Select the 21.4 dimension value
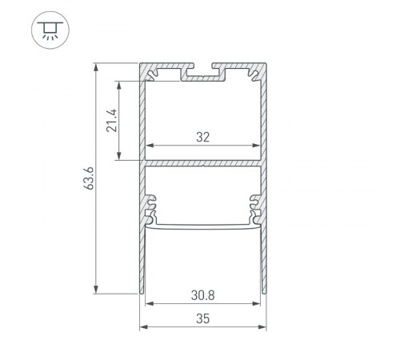coord(113,120)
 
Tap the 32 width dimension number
coord(202,137)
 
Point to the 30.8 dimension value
coord(203,294)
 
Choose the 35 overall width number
coord(202,318)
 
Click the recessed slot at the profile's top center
coord(203,74)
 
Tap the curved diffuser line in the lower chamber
coord(203,227)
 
